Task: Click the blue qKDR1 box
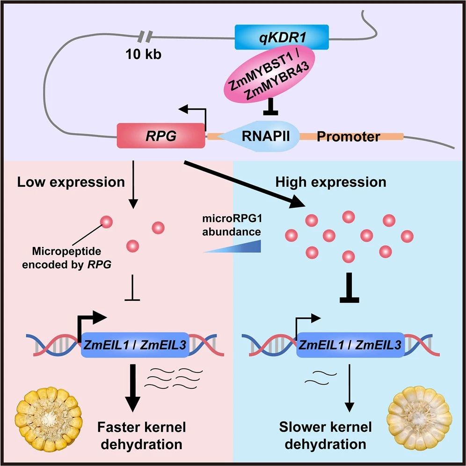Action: pos(281,37)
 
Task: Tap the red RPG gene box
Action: pos(160,136)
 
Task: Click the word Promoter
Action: pos(348,137)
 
